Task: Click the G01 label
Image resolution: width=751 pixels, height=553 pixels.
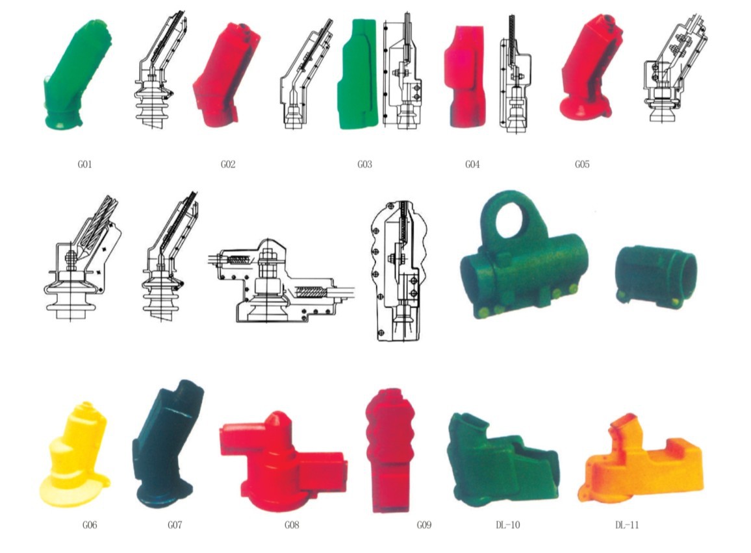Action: coord(84,164)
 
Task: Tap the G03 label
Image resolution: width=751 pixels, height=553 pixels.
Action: coord(364,164)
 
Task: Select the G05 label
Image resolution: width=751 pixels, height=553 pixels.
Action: coord(582,164)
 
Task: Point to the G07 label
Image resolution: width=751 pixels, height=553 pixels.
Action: coord(175,525)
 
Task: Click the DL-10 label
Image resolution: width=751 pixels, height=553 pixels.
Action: coord(507,525)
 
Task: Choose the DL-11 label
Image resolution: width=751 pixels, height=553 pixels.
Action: coord(627,525)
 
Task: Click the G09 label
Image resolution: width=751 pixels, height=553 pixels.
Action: coord(424,525)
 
